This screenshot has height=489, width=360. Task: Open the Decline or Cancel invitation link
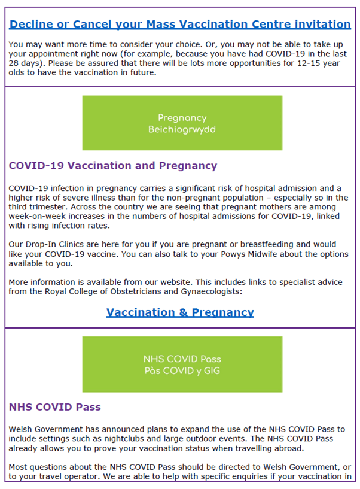180,25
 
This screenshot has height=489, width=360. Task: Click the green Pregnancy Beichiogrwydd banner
182,123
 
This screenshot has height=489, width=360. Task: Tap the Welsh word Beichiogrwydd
182,129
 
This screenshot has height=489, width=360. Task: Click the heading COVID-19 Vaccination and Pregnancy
113,166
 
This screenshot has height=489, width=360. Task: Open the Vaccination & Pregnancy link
180,312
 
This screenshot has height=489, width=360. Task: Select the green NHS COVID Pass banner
182,364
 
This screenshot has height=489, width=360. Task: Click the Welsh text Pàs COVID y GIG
182,370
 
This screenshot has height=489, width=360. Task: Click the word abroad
288,448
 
